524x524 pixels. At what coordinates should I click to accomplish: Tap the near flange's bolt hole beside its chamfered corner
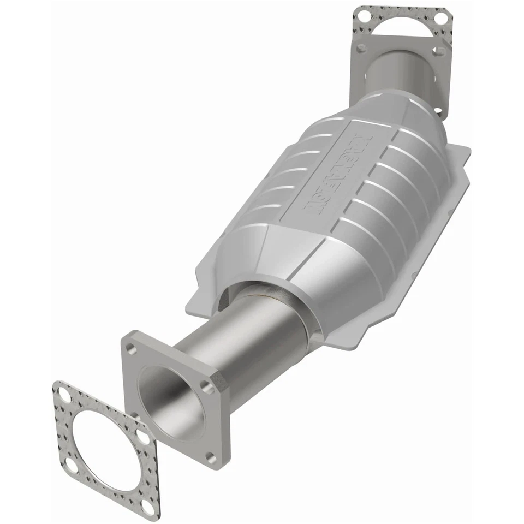[206, 385]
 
